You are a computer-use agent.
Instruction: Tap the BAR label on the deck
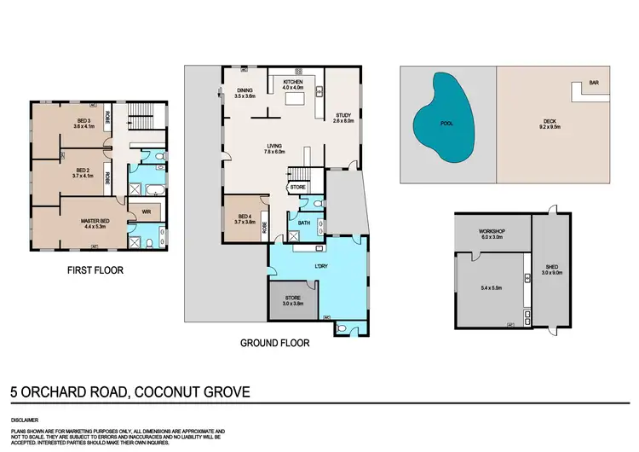593,84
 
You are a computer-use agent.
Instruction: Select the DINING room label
245,94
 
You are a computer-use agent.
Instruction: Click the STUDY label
343,118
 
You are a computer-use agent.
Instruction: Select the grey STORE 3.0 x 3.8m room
293,299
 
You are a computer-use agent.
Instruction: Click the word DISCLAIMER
25,420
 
